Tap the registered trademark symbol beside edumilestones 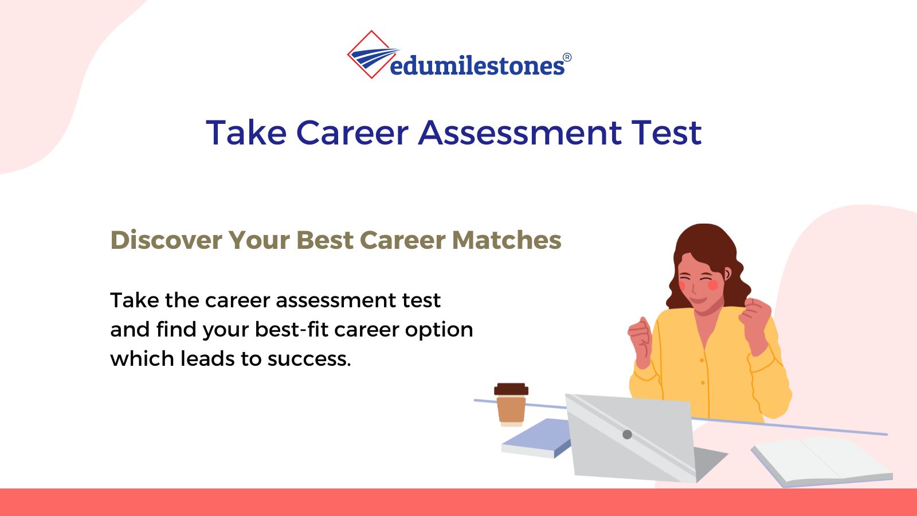pos(567,57)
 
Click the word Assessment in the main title pos(520,132)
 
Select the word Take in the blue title pos(246,132)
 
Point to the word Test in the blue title pos(667,132)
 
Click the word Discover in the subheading pos(166,240)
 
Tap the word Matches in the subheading pos(507,240)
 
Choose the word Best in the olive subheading pos(325,240)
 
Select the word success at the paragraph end pos(309,359)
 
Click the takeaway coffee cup pos(511,405)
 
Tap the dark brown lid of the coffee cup pos(511,389)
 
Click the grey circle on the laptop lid pos(627,434)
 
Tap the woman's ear pos(727,273)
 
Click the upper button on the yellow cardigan pos(702,361)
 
